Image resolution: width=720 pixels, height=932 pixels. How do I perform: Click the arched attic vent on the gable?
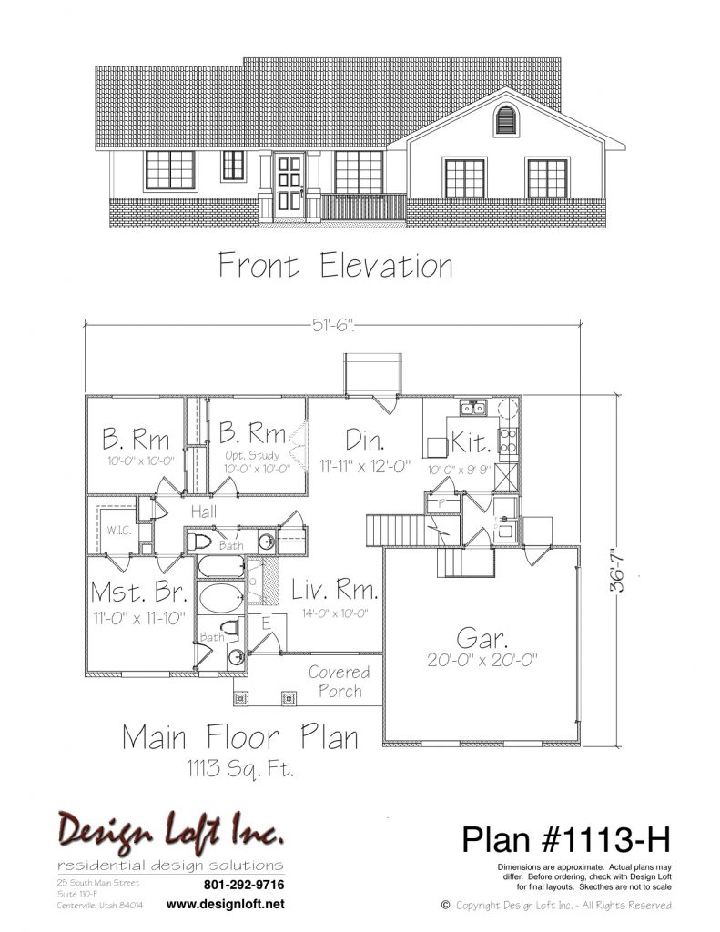506,119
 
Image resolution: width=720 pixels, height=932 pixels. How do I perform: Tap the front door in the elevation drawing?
289,184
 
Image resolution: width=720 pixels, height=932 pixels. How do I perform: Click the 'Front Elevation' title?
336,265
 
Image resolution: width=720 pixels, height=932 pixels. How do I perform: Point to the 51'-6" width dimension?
333,325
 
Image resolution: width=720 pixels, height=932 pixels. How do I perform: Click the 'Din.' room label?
364,440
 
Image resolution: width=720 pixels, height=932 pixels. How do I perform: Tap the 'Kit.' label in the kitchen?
472,442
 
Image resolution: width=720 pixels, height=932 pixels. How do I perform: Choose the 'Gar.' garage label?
482,638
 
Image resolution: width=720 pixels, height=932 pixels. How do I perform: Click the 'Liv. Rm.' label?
335,590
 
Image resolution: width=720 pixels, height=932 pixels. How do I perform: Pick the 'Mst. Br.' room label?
139,593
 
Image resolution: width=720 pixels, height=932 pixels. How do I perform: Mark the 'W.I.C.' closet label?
119,531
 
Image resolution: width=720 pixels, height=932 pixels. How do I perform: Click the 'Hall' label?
204,512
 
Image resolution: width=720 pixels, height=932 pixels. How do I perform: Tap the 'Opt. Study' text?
252,455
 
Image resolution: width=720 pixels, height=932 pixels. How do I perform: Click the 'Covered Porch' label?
340,682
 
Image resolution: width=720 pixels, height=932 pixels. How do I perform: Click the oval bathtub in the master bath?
220,597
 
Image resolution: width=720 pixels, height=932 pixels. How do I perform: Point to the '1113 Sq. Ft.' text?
241,769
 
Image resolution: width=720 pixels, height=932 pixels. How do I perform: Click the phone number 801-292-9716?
244,885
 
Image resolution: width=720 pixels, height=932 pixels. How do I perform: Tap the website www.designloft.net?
226,904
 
